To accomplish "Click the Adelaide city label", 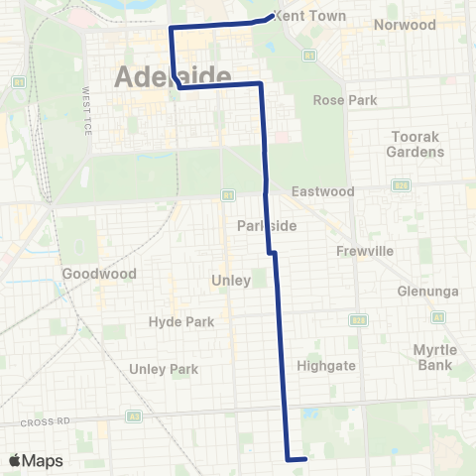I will (x=174, y=76).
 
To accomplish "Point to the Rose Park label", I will (x=341, y=100).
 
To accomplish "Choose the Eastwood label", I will (x=322, y=190).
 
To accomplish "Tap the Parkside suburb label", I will (x=267, y=226).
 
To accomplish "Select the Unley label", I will (x=231, y=281).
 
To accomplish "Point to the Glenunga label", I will (x=423, y=291).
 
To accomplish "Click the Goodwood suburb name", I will (x=91, y=273).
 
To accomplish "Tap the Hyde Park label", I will (x=174, y=321).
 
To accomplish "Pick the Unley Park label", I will (x=164, y=369).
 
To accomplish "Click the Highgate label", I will (x=326, y=366).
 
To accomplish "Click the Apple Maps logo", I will (x=35, y=459).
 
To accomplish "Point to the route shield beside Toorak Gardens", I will (x=402, y=185).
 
